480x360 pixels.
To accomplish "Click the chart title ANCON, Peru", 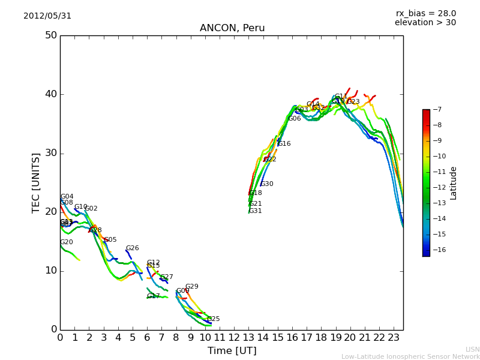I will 232,28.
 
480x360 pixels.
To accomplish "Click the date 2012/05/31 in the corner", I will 47,16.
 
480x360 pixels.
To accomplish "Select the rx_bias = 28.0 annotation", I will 425,14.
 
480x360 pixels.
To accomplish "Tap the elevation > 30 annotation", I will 425,23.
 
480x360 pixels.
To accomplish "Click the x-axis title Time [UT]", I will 232,351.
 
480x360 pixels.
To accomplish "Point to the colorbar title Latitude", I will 454,183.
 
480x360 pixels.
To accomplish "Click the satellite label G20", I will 67,242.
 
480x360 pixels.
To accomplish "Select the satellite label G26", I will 132,248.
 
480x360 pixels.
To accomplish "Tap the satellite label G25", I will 213,319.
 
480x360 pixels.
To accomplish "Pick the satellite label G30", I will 266,184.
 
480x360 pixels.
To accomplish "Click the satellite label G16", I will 284,144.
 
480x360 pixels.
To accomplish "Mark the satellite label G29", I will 191,287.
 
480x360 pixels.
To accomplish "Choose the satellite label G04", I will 67,197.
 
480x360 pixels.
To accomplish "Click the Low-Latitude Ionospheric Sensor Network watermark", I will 410,357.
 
